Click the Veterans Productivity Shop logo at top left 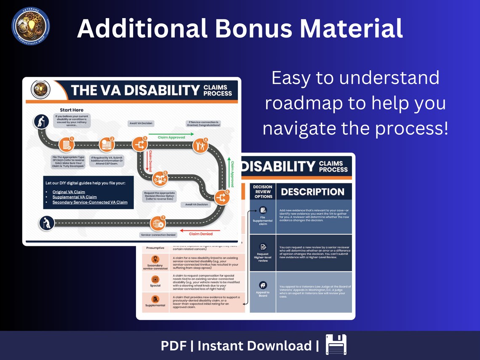(x=30, y=26)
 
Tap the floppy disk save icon (x=336, y=345)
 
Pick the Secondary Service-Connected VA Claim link (x=90, y=203)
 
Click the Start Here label (x=72, y=110)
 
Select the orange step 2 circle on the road (x=107, y=145)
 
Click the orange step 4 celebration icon (x=200, y=146)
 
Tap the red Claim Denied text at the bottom (x=200, y=234)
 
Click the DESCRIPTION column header (x=312, y=192)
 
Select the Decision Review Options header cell (x=263, y=192)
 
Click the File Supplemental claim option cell (x=263, y=216)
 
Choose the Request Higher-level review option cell (x=263, y=253)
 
